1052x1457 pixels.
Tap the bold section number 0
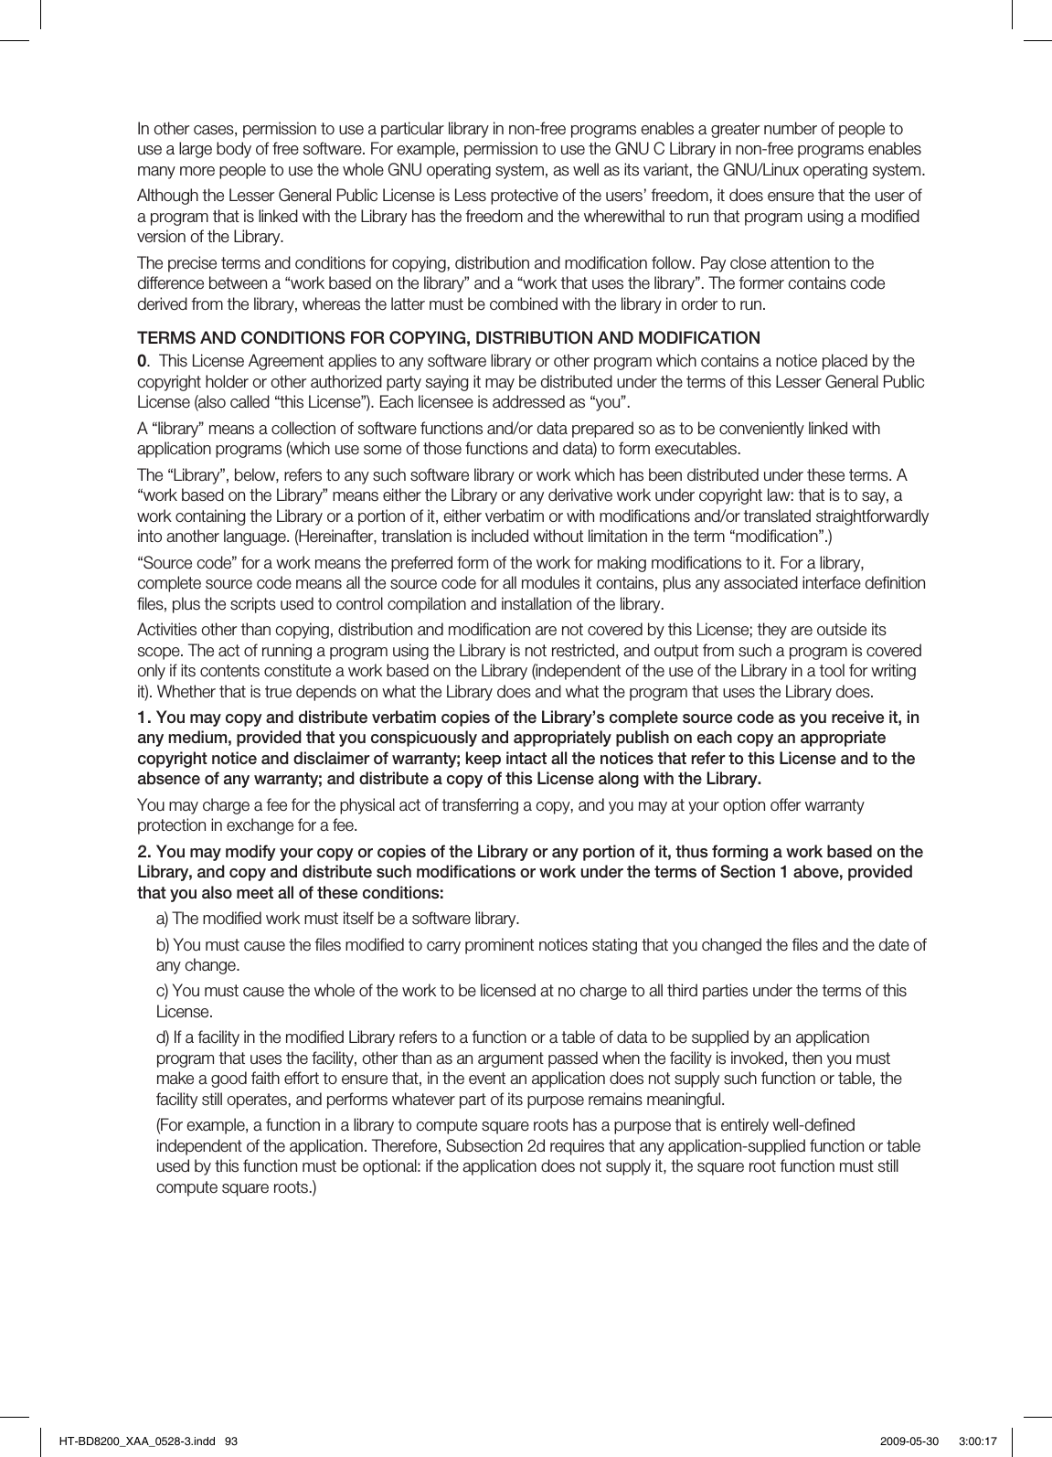coord(141,361)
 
